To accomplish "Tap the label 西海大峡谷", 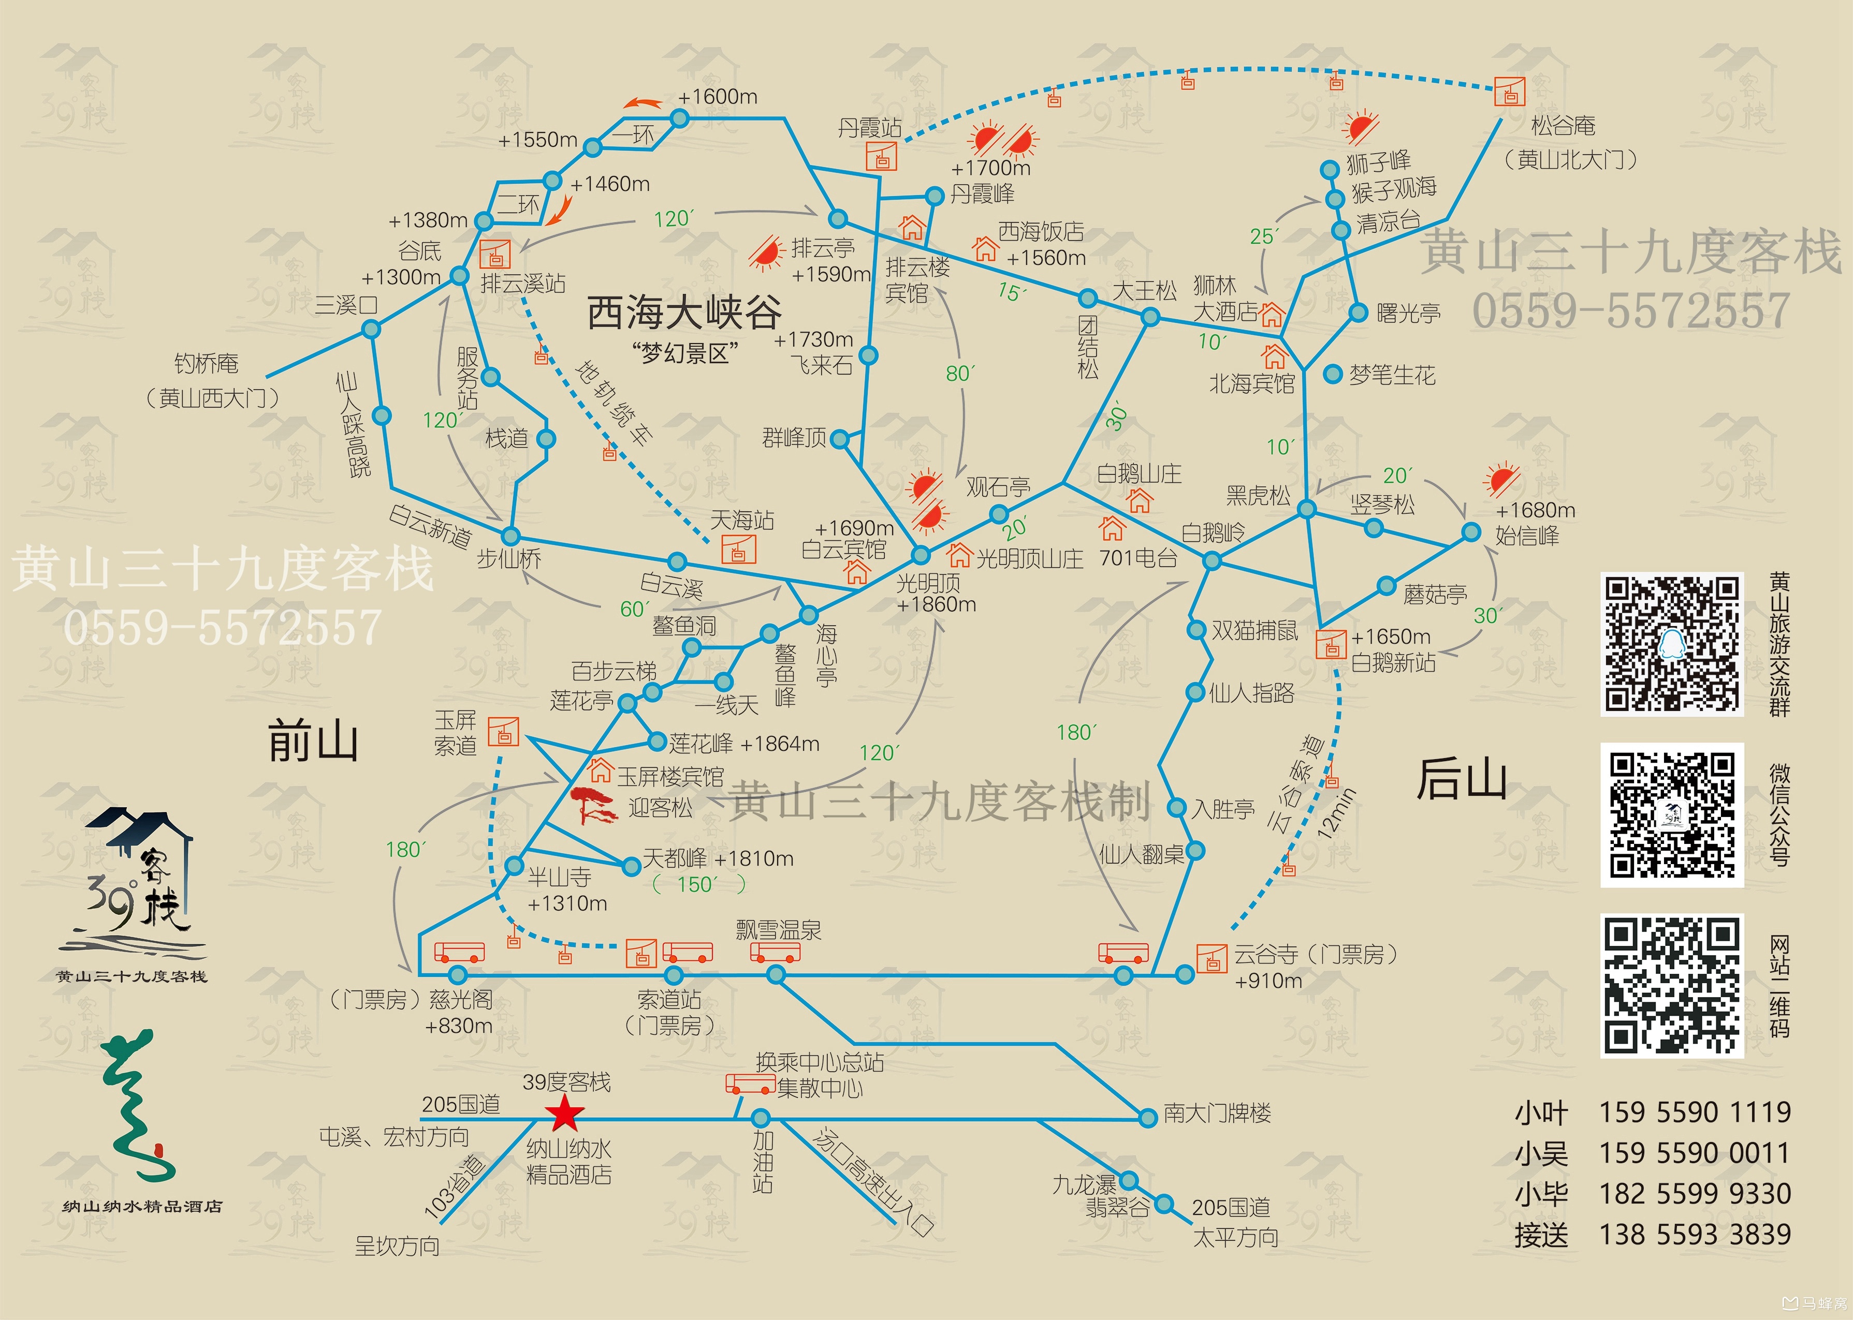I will [684, 312].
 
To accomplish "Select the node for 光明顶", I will [921, 555].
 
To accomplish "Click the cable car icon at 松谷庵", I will [1510, 92].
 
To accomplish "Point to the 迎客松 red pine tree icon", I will [593, 806].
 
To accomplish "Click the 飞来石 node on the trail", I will [868, 355].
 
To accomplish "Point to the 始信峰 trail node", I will [1471, 532].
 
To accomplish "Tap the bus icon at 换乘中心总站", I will [750, 1084].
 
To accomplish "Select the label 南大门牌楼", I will [1217, 1113].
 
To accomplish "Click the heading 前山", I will [313, 741].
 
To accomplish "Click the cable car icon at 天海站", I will [738, 550].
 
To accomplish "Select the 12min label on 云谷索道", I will [1337, 813].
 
